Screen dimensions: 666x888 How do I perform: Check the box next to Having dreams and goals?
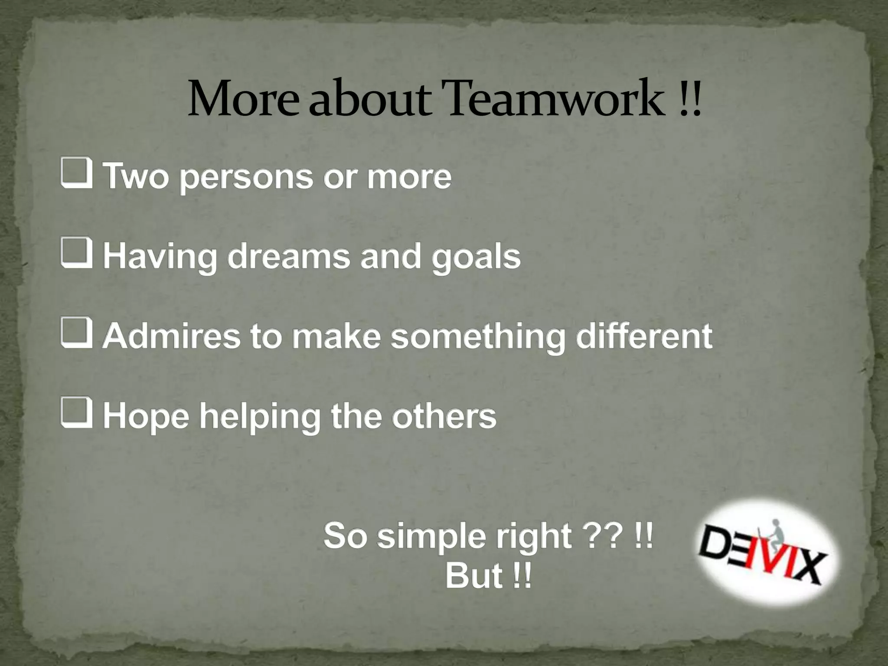(76, 255)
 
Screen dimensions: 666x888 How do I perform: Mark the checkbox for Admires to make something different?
(76, 334)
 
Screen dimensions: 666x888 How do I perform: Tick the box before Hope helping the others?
(76, 414)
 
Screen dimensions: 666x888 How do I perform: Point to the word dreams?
(288, 257)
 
